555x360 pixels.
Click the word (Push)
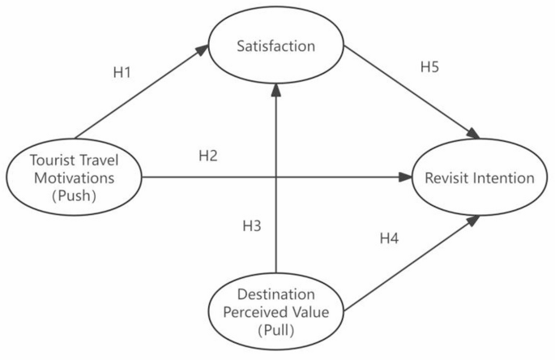pos(74,194)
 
